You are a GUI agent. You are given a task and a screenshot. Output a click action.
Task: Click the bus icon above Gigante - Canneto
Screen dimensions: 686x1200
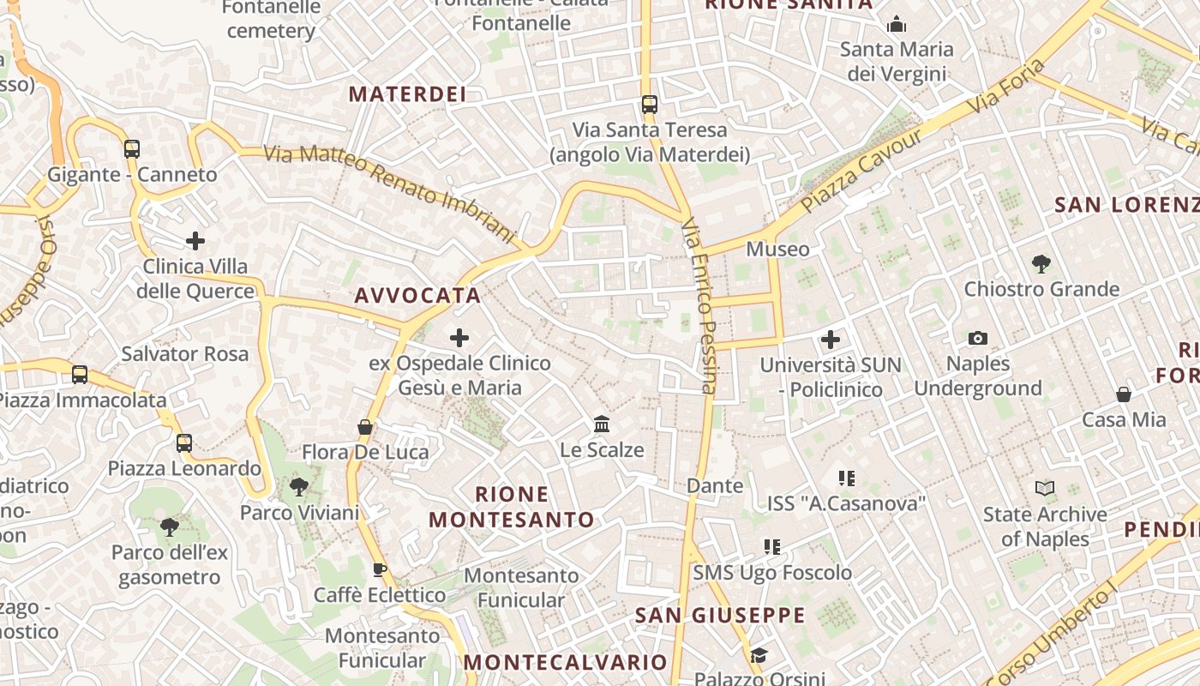[x=131, y=149]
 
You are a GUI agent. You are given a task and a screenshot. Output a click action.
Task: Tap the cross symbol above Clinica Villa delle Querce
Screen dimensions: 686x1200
[x=195, y=241]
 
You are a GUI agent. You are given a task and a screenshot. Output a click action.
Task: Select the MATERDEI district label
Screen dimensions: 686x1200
[x=407, y=94]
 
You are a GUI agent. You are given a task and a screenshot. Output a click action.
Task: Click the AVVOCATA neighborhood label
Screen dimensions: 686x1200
[x=417, y=296]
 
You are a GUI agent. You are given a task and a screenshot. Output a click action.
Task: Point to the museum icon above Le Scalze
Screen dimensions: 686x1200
[x=602, y=424]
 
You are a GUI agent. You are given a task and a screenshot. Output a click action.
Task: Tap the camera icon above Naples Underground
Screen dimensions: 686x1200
[x=977, y=338]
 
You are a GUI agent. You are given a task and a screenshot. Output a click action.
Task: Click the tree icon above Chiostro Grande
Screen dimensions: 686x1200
[x=1041, y=263]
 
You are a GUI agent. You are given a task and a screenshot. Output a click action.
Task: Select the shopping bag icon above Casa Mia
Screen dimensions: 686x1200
[x=1124, y=394]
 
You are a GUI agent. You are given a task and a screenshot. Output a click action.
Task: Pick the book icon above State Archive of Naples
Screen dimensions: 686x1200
[x=1045, y=489]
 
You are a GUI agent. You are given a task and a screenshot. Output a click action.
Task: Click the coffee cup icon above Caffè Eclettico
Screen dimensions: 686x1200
[x=380, y=569]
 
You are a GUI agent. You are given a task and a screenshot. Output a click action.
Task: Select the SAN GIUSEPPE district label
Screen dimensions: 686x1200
[x=720, y=615]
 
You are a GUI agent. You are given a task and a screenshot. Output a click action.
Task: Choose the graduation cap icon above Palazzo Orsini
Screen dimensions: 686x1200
[x=759, y=656]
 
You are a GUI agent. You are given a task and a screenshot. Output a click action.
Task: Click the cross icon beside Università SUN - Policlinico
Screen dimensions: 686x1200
[x=830, y=340]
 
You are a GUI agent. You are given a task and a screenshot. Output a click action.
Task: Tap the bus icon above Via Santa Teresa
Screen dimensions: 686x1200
[x=650, y=105]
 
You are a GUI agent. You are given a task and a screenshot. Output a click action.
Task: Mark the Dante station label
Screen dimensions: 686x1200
[x=715, y=486]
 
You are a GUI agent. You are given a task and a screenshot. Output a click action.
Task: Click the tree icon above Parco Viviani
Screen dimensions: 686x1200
[x=299, y=487]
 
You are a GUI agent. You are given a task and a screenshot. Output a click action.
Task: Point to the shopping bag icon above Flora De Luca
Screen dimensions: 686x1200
[x=365, y=426]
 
